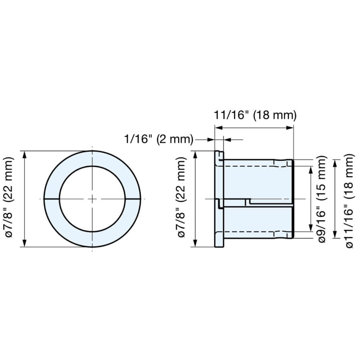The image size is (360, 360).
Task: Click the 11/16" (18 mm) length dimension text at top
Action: pos(255,115)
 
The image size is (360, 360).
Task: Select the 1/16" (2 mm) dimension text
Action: pos(159,139)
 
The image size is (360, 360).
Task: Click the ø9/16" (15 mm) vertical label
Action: pos(322,199)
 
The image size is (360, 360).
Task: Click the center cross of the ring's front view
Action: pos(92,199)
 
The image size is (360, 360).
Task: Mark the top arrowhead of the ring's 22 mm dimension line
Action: pos(24,155)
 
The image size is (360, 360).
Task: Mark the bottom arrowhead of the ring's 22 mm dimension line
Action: pos(24,243)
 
